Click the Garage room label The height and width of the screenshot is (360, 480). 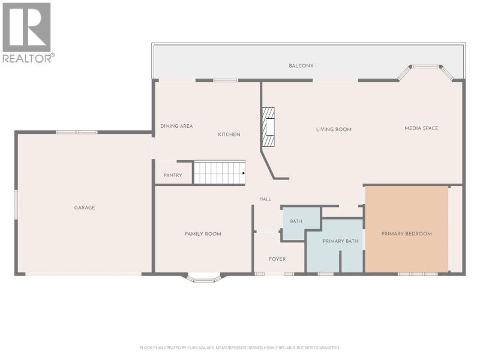85,208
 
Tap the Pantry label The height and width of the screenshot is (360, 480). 173,175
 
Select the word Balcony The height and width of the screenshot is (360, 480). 301,66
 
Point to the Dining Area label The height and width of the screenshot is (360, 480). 176,126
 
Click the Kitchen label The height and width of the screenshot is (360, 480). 229,134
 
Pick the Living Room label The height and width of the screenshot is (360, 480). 334,130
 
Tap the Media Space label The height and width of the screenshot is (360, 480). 421,128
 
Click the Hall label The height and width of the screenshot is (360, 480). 265,199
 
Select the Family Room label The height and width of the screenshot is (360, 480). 203,234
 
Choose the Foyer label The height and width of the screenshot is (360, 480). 277,259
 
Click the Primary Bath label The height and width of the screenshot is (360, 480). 340,241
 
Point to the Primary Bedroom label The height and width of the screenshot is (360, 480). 407,233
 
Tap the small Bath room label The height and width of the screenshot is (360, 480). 296,221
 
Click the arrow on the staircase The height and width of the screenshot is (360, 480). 244,173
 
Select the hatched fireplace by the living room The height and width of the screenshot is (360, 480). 268,127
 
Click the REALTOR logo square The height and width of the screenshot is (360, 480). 26,27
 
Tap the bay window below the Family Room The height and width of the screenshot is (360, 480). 204,278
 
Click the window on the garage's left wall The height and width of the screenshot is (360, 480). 16,204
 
